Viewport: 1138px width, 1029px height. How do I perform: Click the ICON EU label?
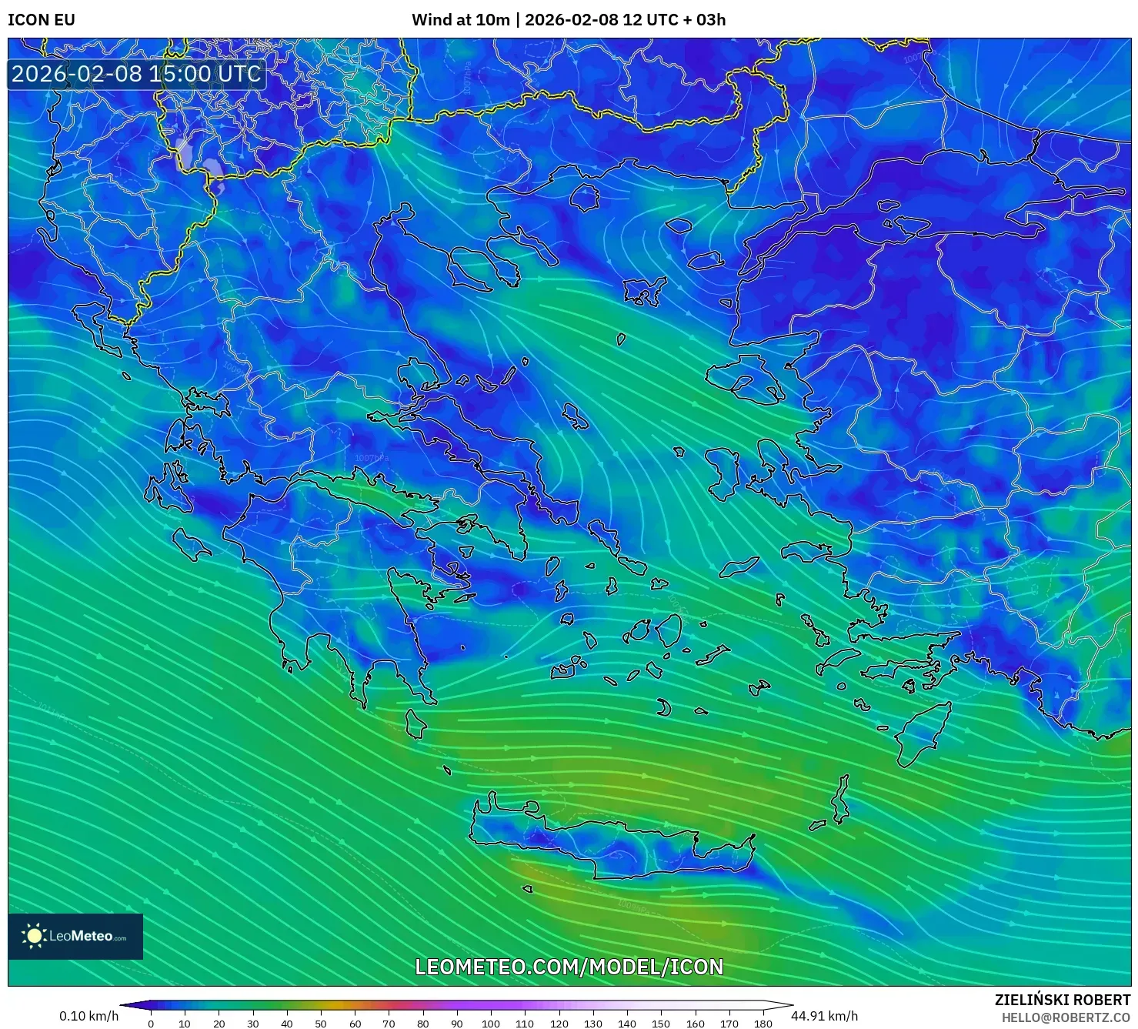tap(42, 20)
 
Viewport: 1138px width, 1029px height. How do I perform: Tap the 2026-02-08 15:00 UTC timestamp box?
tap(136, 74)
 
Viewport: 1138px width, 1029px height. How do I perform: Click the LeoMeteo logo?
tap(75, 936)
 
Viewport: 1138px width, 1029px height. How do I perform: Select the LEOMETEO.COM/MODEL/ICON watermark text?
tap(569, 967)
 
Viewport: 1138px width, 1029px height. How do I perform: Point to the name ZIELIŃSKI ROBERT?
tap(1062, 1000)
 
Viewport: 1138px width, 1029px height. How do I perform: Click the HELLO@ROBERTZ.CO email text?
tap(1066, 1017)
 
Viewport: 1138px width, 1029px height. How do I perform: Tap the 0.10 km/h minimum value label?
tap(88, 1016)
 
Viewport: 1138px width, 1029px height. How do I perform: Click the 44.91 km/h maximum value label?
tap(824, 1016)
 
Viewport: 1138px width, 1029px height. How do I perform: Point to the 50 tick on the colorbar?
tap(321, 1024)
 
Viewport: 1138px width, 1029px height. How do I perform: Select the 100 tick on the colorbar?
tap(491, 1024)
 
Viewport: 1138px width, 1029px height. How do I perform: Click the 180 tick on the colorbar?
tap(763, 1024)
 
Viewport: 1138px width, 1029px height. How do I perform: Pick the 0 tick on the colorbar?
tap(151, 1024)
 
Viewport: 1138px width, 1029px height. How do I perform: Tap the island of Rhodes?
tap(922, 733)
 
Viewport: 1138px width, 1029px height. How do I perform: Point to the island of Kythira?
tap(415, 723)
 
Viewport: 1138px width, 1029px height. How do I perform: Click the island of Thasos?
tap(585, 198)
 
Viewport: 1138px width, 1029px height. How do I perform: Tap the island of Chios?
tap(723, 470)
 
